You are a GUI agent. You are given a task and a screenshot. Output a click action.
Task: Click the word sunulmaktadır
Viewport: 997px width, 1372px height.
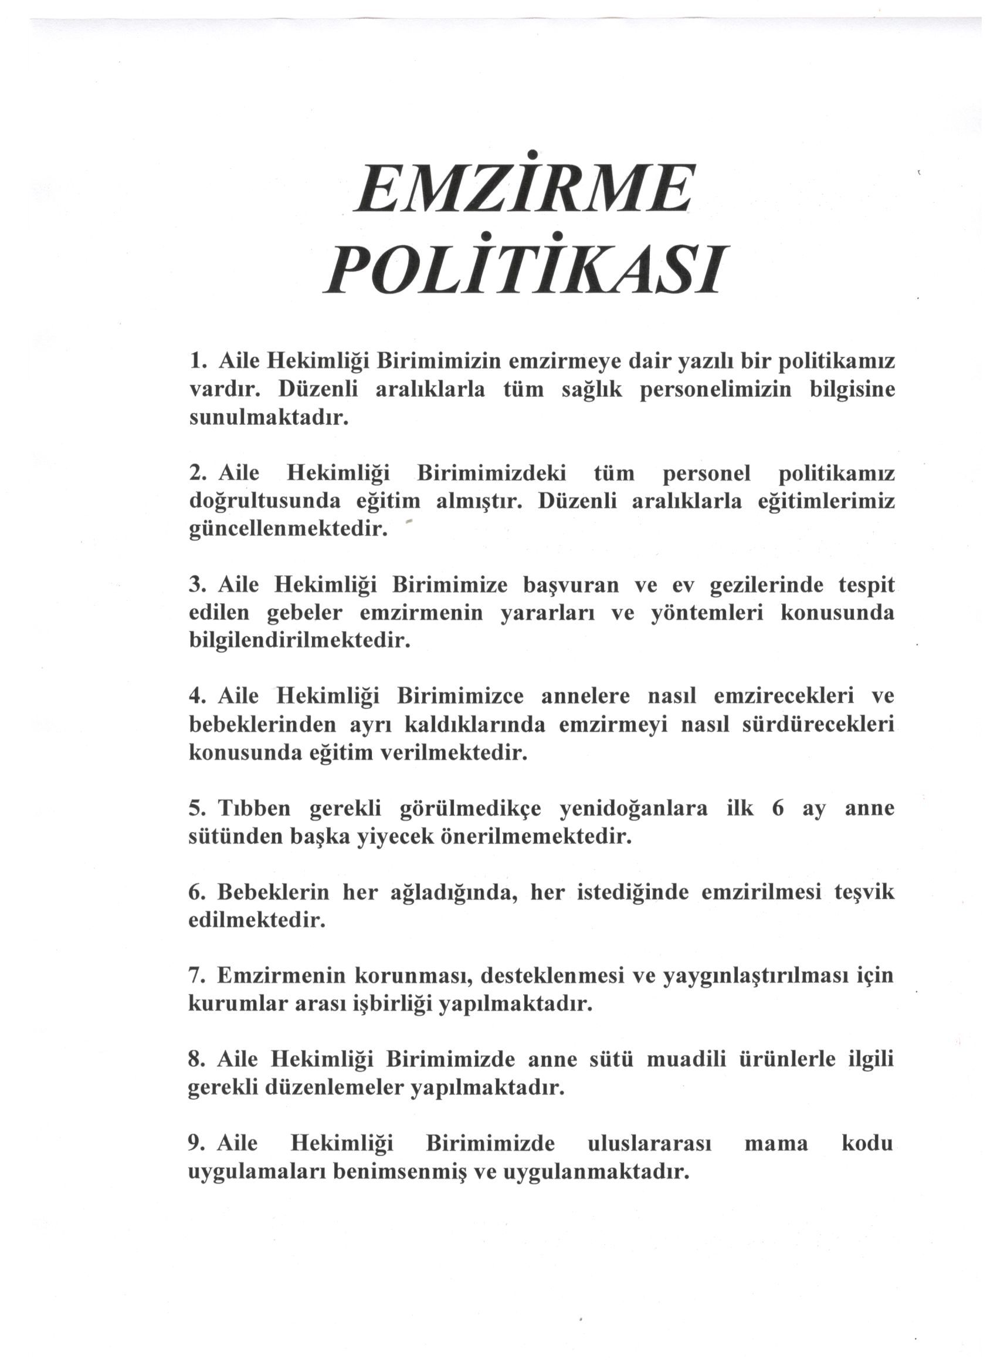(270, 418)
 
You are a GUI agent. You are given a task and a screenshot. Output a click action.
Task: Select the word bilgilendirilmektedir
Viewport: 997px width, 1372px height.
(300, 641)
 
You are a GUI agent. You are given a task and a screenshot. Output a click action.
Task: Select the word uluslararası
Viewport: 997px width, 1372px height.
(649, 1144)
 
